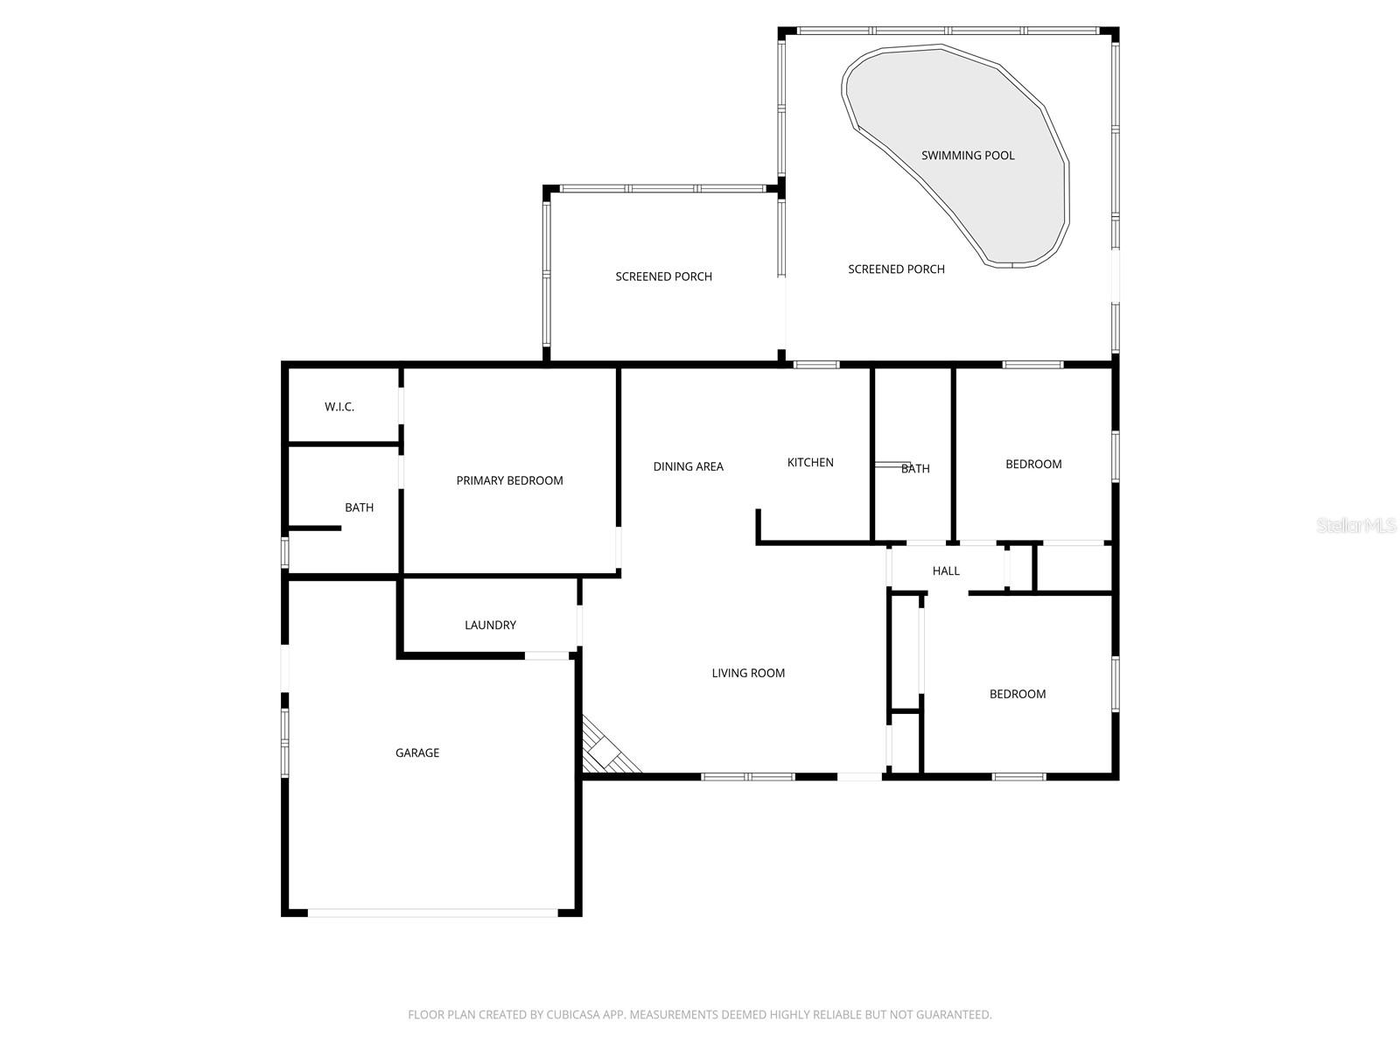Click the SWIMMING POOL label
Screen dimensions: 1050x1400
point(968,156)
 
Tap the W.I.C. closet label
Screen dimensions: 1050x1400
point(339,407)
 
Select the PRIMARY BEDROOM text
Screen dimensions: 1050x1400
point(509,480)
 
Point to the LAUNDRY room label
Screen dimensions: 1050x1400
point(490,625)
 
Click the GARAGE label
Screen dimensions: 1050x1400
point(417,752)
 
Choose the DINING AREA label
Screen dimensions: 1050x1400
point(688,466)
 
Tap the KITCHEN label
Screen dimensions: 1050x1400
point(810,462)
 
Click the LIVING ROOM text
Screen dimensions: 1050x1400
point(748,673)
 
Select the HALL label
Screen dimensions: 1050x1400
point(946,570)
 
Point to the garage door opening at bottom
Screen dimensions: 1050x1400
point(432,913)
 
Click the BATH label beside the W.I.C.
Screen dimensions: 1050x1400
point(359,507)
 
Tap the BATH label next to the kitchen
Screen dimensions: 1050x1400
point(915,469)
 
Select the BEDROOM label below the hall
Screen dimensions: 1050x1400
point(1018,694)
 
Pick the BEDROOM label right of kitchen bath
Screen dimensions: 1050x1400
point(1033,464)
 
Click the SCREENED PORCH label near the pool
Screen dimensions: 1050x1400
point(896,269)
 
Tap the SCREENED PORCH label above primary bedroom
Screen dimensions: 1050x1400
point(663,276)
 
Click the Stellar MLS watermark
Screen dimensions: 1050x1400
point(1357,525)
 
